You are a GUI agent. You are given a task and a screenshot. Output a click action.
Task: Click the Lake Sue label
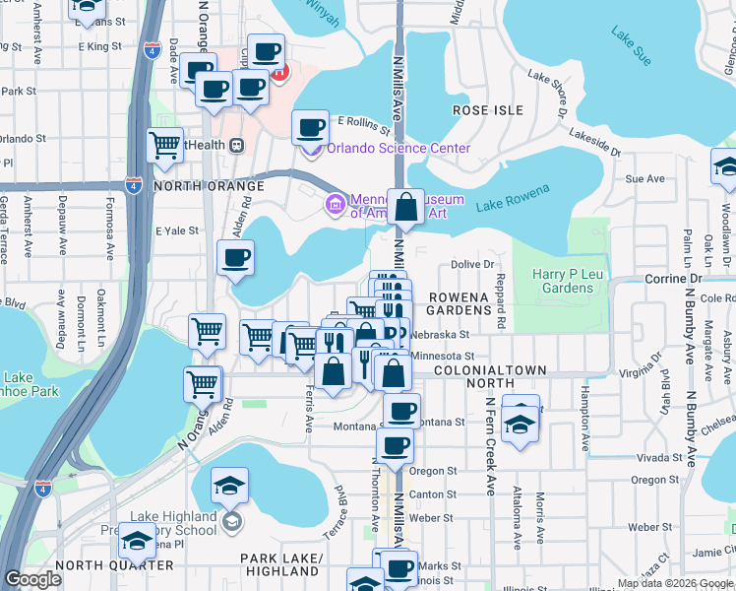(x=631, y=46)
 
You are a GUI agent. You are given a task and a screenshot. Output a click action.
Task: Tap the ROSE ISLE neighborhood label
(x=485, y=110)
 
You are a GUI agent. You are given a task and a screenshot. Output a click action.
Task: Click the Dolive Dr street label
(x=472, y=264)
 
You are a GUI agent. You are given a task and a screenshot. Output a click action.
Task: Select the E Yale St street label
(x=177, y=230)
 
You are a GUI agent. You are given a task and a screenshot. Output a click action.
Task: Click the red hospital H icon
(x=280, y=71)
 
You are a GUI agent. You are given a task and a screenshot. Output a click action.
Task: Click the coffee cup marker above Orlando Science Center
(x=311, y=128)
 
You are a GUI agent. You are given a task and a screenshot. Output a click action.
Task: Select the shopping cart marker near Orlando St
(x=165, y=146)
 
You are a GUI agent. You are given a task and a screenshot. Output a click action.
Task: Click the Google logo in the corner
(x=32, y=579)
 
